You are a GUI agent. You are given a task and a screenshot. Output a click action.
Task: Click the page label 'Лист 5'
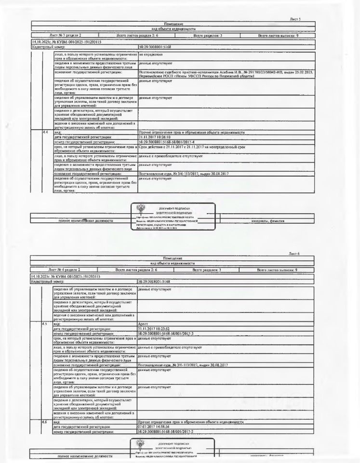(295, 19)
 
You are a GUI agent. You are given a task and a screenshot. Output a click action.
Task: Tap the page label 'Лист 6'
(294, 253)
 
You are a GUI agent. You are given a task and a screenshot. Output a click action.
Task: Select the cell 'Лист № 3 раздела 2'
(66, 36)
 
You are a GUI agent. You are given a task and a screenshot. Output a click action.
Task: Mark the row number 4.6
(44, 422)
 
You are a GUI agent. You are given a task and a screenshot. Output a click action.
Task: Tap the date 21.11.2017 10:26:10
(154, 137)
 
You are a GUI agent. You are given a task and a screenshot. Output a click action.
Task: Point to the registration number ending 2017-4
(166, 142)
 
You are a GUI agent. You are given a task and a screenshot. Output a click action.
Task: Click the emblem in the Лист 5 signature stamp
(140, 209)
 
